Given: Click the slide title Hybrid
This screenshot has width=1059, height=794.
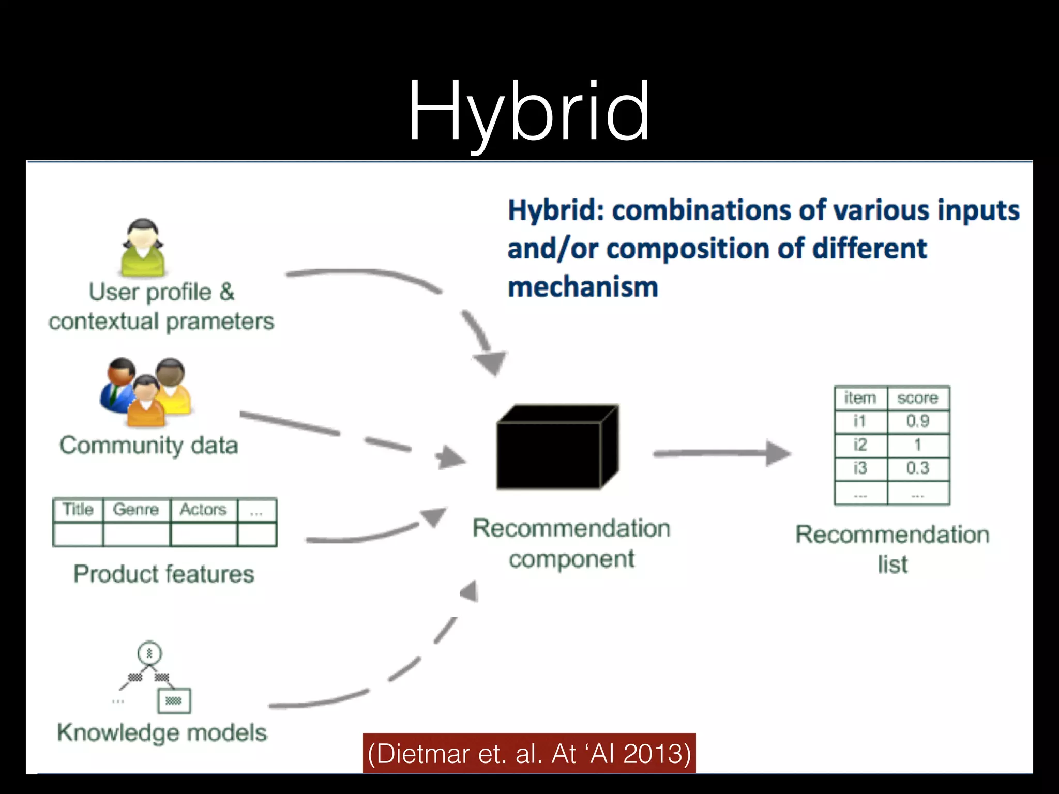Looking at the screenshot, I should point(528,111).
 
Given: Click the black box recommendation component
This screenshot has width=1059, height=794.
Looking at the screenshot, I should point(556,448).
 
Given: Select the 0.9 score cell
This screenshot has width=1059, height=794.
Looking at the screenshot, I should point(917,421).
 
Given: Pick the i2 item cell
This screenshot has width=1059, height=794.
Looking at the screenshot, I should point(860,445).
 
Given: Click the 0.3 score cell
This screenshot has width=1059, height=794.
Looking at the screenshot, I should point(917,468).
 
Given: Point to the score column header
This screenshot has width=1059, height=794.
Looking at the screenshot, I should point(917,398).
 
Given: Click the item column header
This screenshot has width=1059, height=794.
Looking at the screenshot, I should point(860,398).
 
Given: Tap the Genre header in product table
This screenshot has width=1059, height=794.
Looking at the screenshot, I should point(135,510).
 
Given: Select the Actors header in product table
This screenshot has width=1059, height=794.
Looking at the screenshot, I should point(203,510).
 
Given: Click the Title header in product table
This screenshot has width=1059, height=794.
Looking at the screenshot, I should point(78,510).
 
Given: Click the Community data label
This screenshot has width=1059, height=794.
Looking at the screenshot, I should point(149,446).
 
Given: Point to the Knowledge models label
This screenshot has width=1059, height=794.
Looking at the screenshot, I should point(162,733).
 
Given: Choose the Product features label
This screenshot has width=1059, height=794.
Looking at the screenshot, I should point(164,574).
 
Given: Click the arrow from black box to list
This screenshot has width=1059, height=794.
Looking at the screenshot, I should point(721,453).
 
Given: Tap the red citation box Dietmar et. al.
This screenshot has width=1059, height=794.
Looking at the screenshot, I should point(529,753).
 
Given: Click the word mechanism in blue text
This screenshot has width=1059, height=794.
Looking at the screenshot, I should point(583,287).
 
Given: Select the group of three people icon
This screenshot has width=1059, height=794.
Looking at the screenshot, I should point(146,391).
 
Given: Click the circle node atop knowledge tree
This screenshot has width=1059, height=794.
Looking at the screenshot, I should point(149,653).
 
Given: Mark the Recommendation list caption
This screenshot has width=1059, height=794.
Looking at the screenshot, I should point(892,549).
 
